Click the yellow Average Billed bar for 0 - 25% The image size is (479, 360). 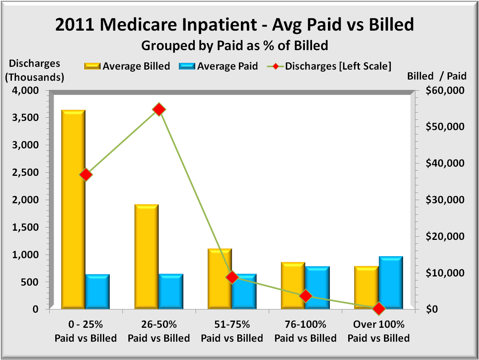tap(73, 209)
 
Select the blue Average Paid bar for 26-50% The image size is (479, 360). tap(171, 291)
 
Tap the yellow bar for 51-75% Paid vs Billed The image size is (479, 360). tap(219, 278)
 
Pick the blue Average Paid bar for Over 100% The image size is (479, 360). tap(391, 282)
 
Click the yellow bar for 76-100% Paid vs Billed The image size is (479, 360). tap(293, 285)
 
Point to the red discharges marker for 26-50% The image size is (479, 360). tap(159, 109)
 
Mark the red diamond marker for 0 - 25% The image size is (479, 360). tap(86, 175)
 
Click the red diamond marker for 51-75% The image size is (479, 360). tap(233, 277)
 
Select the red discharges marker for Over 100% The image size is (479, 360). tap(379, 308)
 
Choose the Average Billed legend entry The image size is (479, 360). tap(127, 66)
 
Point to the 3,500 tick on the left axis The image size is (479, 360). tap(27, 118)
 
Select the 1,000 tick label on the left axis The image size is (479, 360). tap(27, 255)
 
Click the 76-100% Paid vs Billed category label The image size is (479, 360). tap(305, 331)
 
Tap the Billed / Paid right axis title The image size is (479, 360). tap(437, 76)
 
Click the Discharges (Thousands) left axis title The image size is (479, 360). tap(35, 70)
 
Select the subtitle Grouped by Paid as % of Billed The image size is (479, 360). tap(235, 45)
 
